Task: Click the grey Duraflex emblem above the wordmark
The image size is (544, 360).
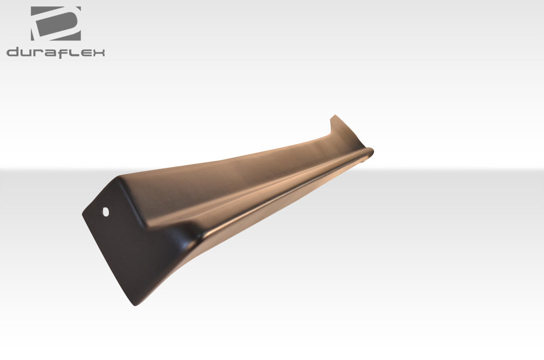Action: (x=56, y=23)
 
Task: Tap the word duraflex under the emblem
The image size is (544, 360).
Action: (x=56, y=52)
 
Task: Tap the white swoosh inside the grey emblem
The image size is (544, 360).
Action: (x=53, y=24)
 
